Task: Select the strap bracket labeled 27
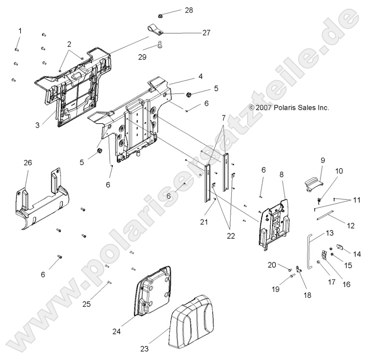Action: coord(156,32)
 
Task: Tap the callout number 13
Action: coord(329,233)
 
